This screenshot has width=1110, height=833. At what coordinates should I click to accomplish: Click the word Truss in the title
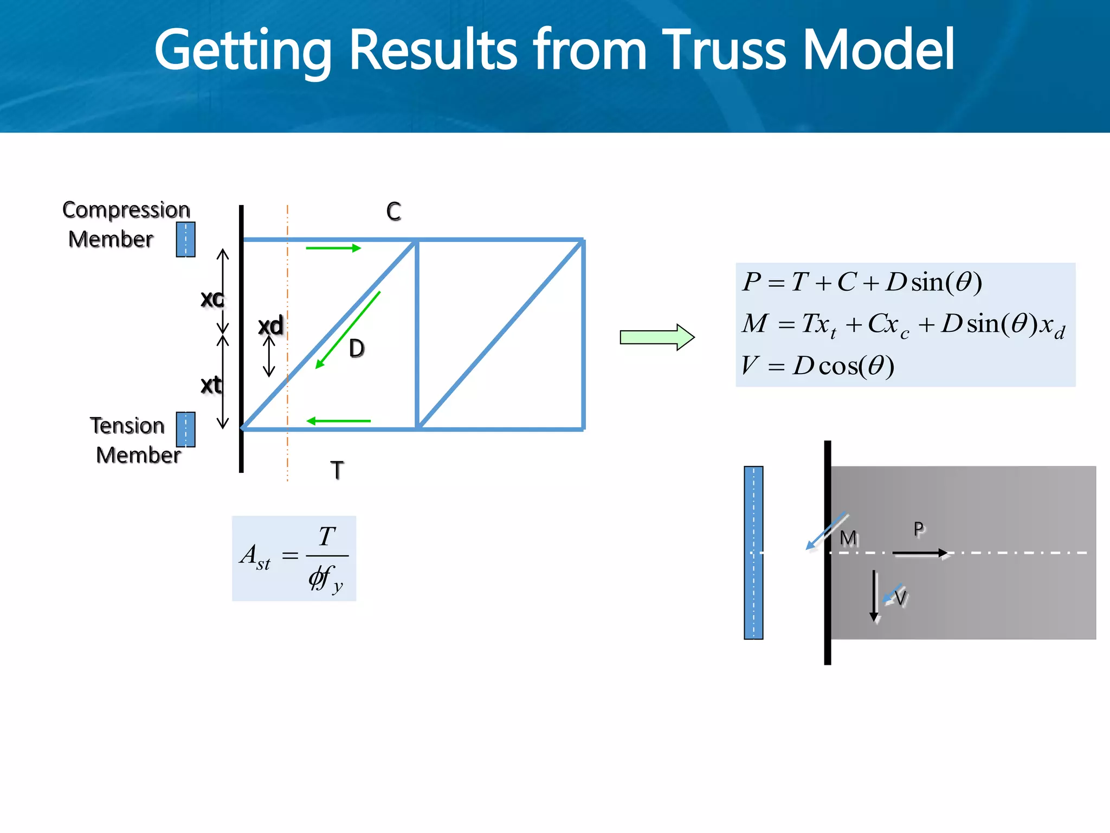(x=724, y=50)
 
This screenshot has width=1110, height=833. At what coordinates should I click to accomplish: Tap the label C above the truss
(x=393, y=212)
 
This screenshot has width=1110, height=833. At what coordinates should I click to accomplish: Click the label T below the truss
(x=337, y=470)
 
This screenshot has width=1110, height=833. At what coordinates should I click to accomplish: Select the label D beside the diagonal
(x=357, y=348)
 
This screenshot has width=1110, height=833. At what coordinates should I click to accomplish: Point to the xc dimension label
(x=212, y=298)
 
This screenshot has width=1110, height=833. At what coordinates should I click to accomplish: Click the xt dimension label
(x=211, y=385)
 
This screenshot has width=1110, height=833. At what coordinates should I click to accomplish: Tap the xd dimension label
(x=270, y=325)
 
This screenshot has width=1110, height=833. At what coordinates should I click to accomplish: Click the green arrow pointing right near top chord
(x=333, y=248)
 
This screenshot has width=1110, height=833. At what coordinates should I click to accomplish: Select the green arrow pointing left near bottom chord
(x=338, y=421)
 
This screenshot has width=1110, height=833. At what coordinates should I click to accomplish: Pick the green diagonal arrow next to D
(x=348, y=330)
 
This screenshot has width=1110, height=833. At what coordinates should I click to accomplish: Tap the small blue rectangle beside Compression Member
(x=185, y=239)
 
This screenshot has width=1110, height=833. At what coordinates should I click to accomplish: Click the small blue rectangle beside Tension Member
(x=185, y=429)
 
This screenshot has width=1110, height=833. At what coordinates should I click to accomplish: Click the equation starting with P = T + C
(x=862, y=282)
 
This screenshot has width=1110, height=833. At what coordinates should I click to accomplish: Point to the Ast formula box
(x=294, y=558)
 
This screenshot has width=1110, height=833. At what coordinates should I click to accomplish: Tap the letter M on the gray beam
(x=848, y=538)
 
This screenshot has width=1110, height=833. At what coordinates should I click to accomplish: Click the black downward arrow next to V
(x=874, y=595)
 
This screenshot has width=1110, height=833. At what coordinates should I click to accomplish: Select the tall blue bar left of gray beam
(x=753, y=553)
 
